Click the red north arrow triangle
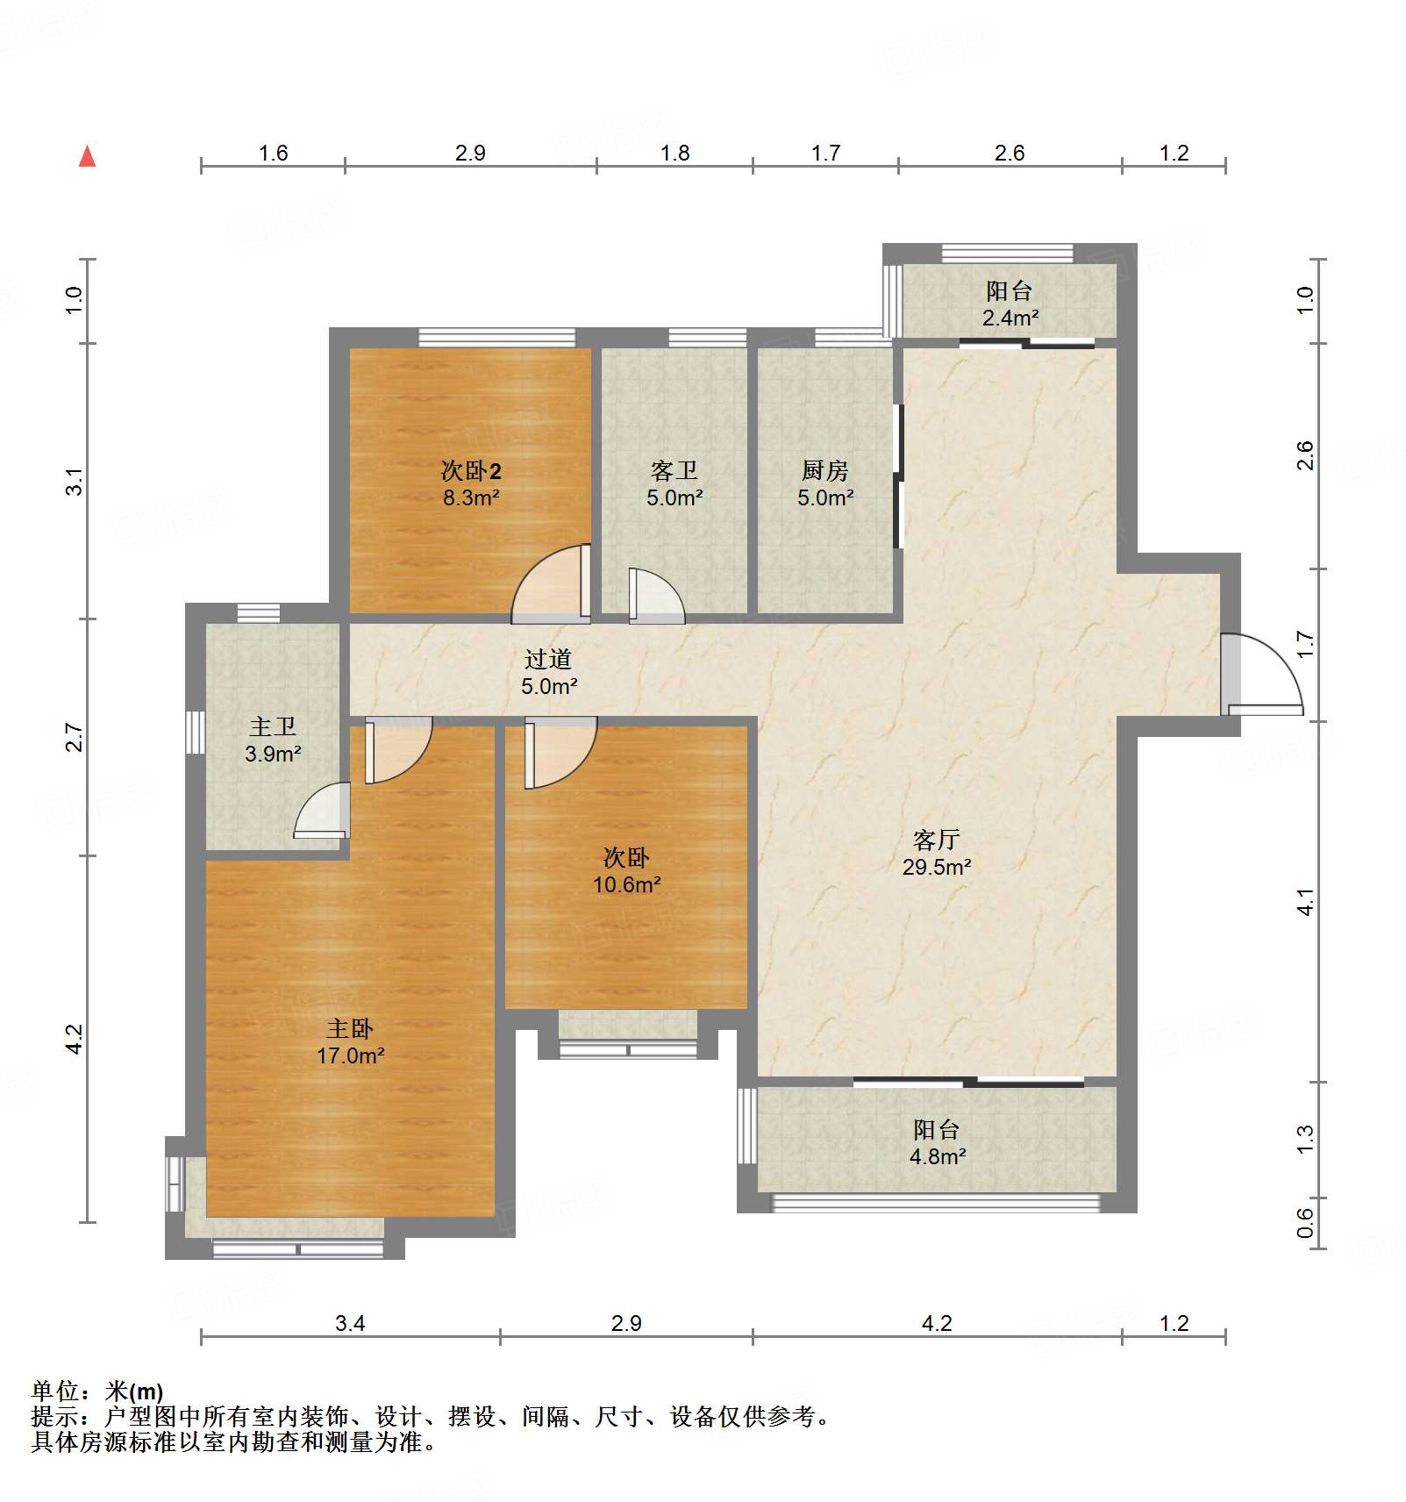[x=87, y=157]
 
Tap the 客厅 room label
[x=936, y=840]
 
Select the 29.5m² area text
[x=936, y=867]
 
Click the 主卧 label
[x=350, y=1028]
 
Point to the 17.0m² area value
[x=350, y=1055]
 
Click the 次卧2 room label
[x=471, y=471]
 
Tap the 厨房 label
[x=824, y=471]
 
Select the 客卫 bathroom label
[x=674, y=471]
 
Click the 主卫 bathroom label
[x=273, y=726]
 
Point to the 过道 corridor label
[x=548, y=659]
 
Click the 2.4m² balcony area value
[x=1010, y=318]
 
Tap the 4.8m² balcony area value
[x=937, y=1156]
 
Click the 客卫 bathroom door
[x=653, y=597]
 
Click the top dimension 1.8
[x=674, y=154]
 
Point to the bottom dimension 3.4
[x=349, y=1323]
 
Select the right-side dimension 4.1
[x=1305, y=902]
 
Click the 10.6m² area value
[x=626, y=884]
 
